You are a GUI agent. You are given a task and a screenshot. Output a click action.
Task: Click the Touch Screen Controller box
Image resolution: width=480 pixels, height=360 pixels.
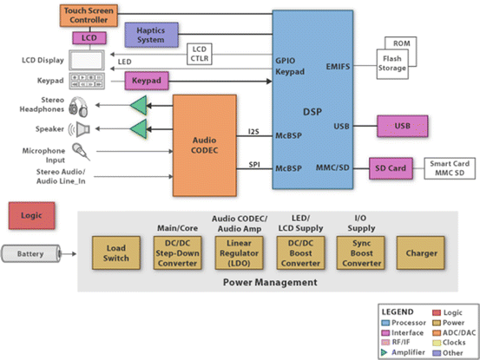(89, 16)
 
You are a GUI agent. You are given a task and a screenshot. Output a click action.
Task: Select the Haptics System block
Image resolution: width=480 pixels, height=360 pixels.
(152, 35)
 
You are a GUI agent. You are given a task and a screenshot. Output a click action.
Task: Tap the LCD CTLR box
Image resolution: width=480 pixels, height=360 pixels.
(200, 54)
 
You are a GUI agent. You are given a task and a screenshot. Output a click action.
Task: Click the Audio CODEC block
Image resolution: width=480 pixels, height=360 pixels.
(205, 145)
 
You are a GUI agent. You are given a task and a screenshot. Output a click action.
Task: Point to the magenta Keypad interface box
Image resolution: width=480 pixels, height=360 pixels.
(147, 81)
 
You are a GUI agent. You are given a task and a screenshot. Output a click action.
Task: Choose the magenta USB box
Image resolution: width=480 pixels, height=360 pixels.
(402, 126)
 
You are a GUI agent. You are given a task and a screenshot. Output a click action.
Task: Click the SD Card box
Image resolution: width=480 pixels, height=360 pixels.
(391, 168)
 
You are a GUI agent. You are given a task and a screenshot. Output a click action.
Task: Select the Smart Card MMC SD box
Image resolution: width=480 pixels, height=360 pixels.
(450, 168)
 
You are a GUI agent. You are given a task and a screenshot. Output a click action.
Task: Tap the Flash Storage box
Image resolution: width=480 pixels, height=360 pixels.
(392, 64)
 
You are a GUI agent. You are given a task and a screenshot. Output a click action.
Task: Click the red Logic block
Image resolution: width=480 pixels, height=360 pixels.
(32, 216)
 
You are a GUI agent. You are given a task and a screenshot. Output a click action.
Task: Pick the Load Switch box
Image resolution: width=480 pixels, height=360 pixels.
(116, 253)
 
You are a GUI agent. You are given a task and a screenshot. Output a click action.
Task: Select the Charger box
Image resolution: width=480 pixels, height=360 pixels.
(421, 253)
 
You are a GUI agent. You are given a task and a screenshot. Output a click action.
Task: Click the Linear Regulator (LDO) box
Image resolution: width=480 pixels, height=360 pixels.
(239, 253)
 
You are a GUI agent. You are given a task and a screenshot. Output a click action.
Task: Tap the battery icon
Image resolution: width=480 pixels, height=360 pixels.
(31, 253)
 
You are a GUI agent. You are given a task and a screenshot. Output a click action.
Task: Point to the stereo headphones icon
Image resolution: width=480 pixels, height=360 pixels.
(78, 107)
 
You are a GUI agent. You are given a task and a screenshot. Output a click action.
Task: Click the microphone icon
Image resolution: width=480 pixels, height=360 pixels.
(81, 152)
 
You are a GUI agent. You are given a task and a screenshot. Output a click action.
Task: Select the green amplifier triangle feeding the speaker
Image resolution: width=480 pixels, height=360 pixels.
(139, 129)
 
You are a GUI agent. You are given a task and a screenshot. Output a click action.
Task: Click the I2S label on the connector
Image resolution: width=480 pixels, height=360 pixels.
(253, 132)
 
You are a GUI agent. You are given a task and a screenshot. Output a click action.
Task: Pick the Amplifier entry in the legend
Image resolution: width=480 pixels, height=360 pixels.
(403, 352)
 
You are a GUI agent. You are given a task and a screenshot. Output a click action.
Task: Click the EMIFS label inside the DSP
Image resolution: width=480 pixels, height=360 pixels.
(338, 67)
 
